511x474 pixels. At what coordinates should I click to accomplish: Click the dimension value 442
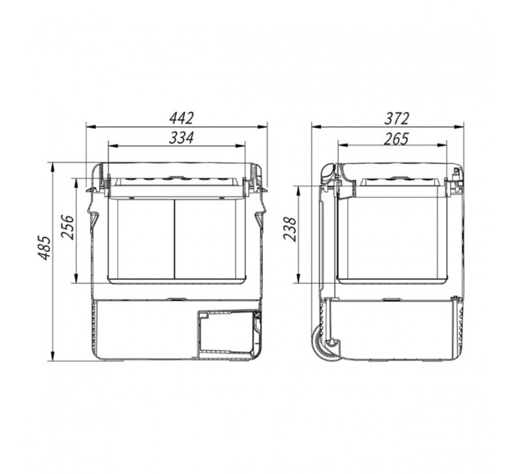coord(181,118)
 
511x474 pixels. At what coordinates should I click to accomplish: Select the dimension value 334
coord(181,138)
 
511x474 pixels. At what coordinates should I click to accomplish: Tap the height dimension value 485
coord(44,248)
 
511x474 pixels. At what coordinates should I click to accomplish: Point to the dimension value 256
coord(68,227)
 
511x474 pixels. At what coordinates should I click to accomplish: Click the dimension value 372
coord(396,118)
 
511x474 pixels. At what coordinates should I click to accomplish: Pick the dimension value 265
coord(396,139)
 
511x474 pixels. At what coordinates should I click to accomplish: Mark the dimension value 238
coord(290,229)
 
